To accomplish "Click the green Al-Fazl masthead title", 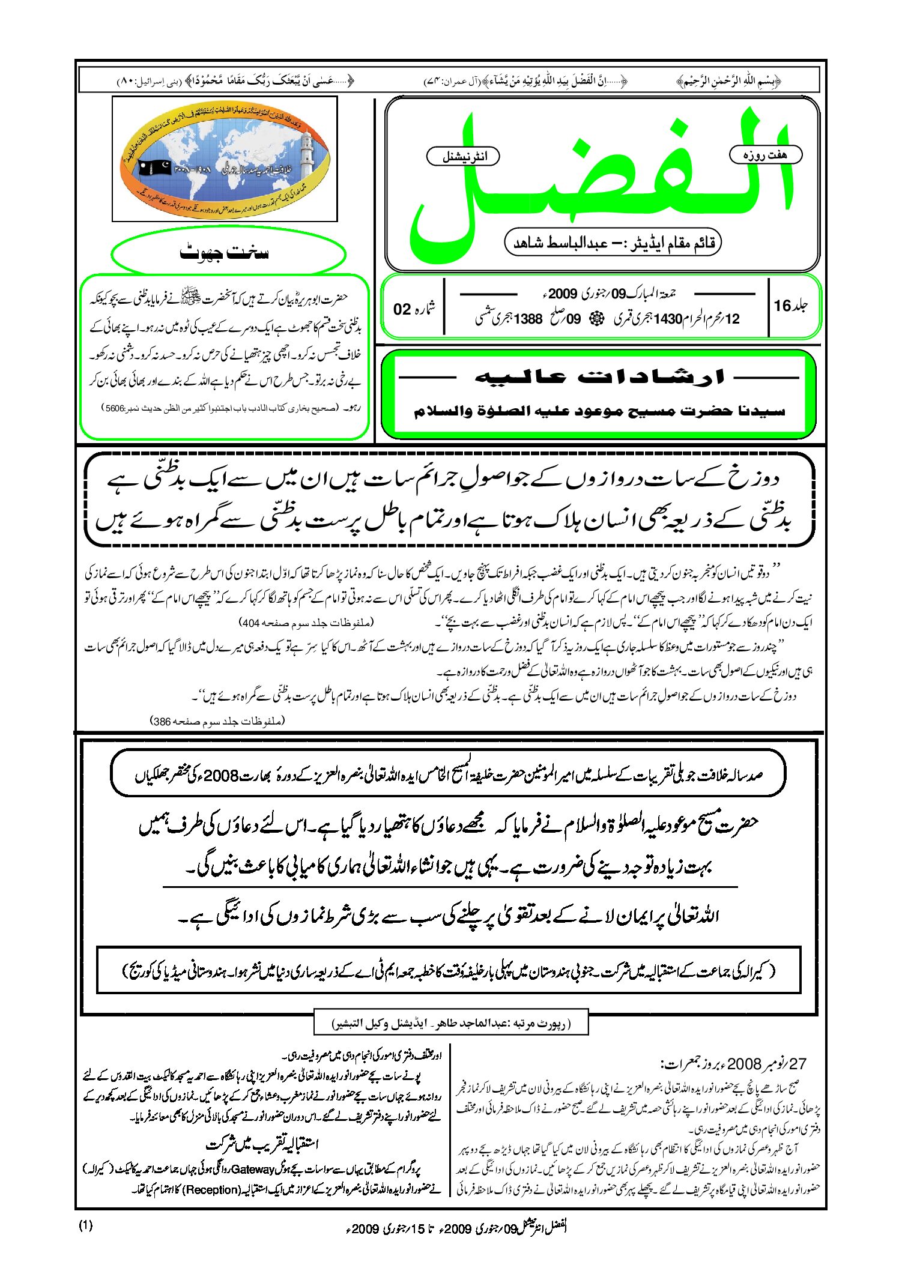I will click(x=601, y=180).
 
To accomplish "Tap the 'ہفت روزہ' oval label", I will click(x=765, y=155).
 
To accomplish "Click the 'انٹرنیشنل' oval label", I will click(x=463, y=157).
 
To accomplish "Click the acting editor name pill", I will click(x=613, y=243).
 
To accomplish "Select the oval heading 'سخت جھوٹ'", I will click(x=228, y=253).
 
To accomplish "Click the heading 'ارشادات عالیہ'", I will click(x=601, y=377).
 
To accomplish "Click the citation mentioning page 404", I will click(x=306, y=623).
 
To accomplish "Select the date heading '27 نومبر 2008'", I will click(x=733, y=1064).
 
